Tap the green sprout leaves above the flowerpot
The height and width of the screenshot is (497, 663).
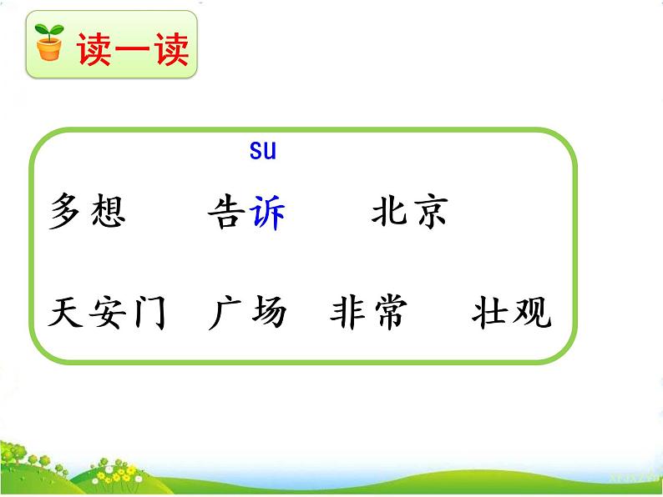[x=49, y=33]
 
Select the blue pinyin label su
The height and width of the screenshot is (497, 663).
[x=261, y=151]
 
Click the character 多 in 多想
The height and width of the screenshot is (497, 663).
[x=66, y=212]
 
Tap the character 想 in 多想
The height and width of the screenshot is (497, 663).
[x=106, y=212]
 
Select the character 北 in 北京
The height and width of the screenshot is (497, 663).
[x=389, y=212]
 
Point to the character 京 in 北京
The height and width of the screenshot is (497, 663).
[x=430, y=212]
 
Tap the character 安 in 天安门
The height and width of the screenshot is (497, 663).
[x=106, y=313]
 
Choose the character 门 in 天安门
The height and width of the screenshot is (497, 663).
[x=148, y=314]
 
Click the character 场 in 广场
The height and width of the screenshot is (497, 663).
[x=267, y=313]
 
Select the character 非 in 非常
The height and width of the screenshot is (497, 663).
[x=348, y=313]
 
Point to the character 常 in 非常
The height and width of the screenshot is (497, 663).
[x=389, y=313]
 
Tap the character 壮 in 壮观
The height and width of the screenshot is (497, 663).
[x=490, y=313]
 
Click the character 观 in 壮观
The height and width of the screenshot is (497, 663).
[x=532, y=313]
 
